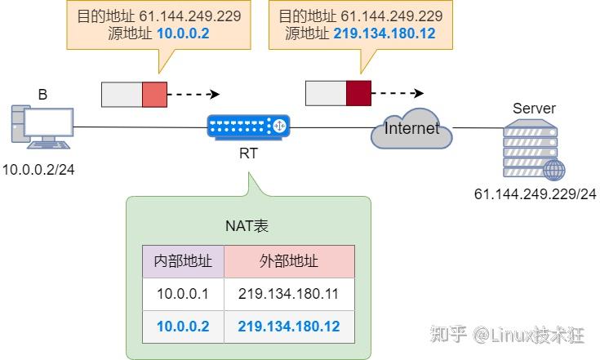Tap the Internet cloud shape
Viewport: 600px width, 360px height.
[411, 128]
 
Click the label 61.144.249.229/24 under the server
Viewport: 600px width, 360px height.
[535, 194]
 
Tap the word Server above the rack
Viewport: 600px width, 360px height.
[534, 109]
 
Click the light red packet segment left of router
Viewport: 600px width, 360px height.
[153, 94]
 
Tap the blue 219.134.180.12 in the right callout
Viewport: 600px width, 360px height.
[384, 33]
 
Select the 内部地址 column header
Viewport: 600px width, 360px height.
[183, 261]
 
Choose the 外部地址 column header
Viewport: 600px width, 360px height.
[289, 261]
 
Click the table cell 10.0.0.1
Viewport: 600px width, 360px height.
[183, 294]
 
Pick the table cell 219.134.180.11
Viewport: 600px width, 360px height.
[289, 294]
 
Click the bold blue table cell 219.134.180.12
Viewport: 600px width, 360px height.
[289, 327]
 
